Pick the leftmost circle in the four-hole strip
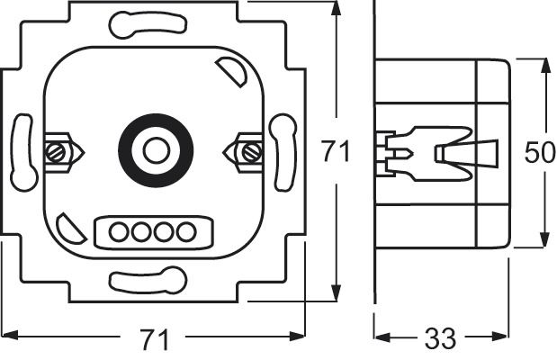click(118, 231)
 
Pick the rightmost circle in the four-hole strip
click(185, 231)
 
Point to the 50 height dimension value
click(540, 154)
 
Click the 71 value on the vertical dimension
click(335, 154)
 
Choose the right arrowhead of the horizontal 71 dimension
click(292, 338)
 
